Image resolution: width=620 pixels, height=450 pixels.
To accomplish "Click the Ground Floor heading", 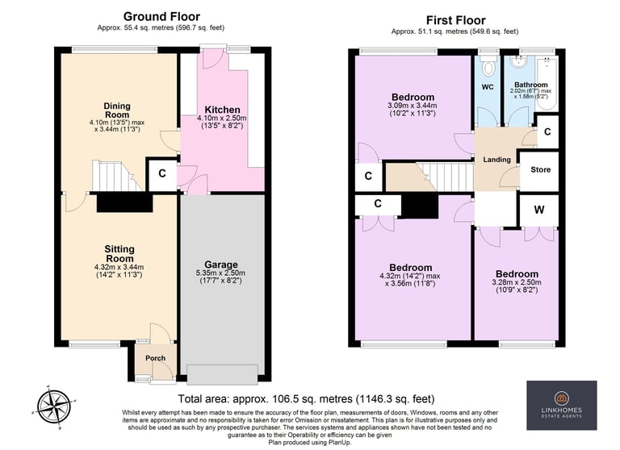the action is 161,17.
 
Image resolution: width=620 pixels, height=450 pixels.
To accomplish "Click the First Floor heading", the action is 455,20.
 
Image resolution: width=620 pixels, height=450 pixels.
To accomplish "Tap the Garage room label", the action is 221,265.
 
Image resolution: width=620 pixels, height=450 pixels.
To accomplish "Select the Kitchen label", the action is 222,110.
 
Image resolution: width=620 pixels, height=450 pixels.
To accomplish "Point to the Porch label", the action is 155,358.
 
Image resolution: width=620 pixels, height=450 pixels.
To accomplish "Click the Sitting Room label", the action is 119,254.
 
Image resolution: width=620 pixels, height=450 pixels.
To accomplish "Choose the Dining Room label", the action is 117,110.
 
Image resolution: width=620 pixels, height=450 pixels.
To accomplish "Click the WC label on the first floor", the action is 488,87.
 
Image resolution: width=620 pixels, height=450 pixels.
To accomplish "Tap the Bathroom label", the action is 531,85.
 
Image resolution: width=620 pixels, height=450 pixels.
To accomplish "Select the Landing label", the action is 496,160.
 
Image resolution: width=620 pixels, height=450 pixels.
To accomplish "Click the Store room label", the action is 541,169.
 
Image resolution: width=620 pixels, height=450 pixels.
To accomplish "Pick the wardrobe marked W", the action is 539,210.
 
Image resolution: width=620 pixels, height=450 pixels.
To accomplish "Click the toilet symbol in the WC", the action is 488,65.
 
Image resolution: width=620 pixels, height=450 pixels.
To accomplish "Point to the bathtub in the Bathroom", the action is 546,83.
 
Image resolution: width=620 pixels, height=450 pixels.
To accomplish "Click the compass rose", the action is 55,406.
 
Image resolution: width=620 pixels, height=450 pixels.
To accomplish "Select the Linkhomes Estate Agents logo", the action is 562,406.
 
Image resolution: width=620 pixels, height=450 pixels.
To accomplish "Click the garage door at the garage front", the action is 222,374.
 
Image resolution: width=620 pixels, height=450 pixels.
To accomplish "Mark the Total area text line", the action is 306,398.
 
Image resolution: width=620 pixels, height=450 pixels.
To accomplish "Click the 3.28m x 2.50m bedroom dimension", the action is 517,282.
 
